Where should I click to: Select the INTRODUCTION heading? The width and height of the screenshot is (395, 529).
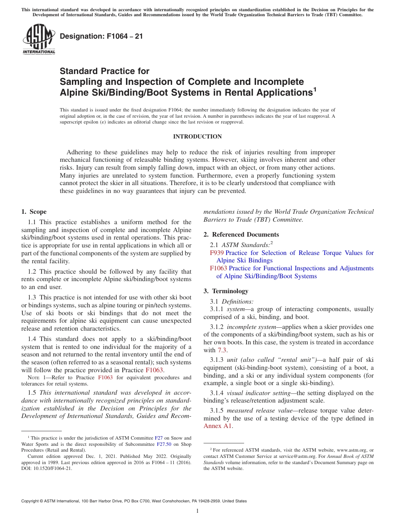(x=197, y=136)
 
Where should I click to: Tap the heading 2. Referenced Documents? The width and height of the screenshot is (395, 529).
(x=241, y=235)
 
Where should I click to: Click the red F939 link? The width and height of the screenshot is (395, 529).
(x=217, y=253)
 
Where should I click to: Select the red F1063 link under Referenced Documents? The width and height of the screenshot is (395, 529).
(x=218, y=268)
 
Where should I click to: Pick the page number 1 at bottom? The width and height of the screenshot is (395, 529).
(x=197, y=511)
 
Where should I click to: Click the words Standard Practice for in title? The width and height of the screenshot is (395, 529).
(x=104, y=71)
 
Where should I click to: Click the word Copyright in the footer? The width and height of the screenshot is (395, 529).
(x=32, y=501)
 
